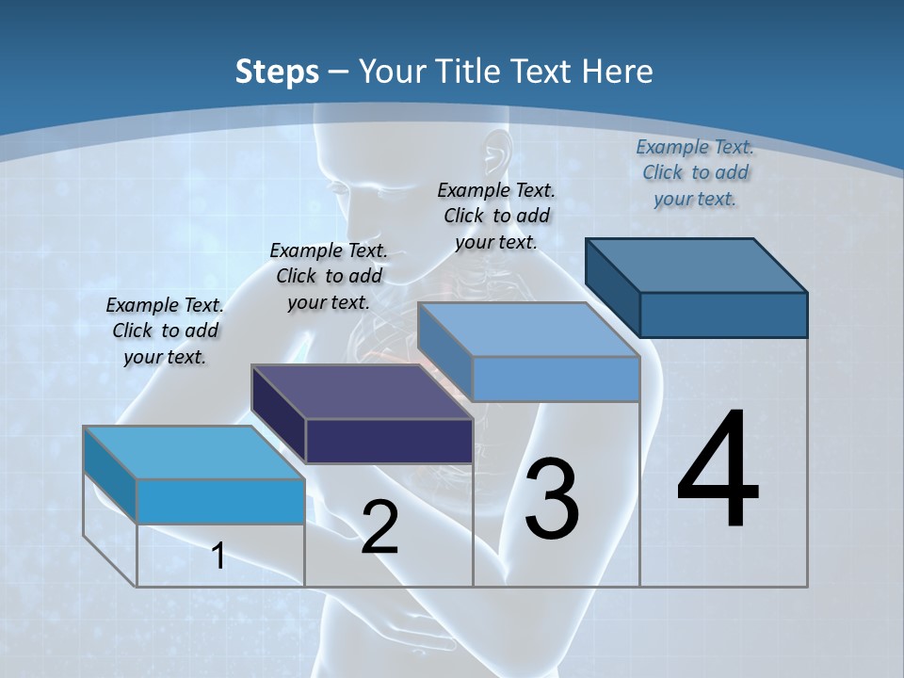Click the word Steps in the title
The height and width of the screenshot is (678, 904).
(x=277, y=72)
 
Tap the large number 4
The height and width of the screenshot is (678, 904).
(x=718, y=471)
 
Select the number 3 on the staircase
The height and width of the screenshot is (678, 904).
(x=552, y=499)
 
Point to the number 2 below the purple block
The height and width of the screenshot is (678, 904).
(x=379, y=527)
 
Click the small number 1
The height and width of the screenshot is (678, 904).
(x=218, y=556)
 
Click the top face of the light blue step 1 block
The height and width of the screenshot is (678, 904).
(x=193, y=452)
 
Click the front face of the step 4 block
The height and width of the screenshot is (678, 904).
(x=723, y=315)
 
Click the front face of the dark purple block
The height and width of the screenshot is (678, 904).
(x=389, y=441)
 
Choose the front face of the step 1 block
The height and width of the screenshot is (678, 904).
(x=220, y=501)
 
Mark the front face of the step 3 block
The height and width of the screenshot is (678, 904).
(x=556, y=379)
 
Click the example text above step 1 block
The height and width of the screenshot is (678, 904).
(x=165, y=331)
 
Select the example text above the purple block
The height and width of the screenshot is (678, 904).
(x=329, y=276)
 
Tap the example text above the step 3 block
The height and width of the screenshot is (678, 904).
(x=496, y=216)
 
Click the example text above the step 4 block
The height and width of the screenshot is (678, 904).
(x=695, y=172)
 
